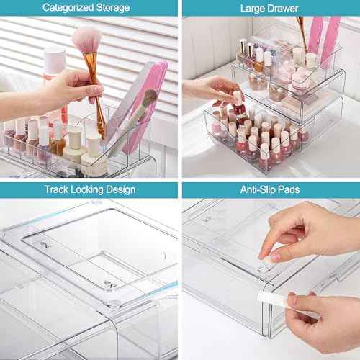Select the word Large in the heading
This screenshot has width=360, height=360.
[x=251, y=8]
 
